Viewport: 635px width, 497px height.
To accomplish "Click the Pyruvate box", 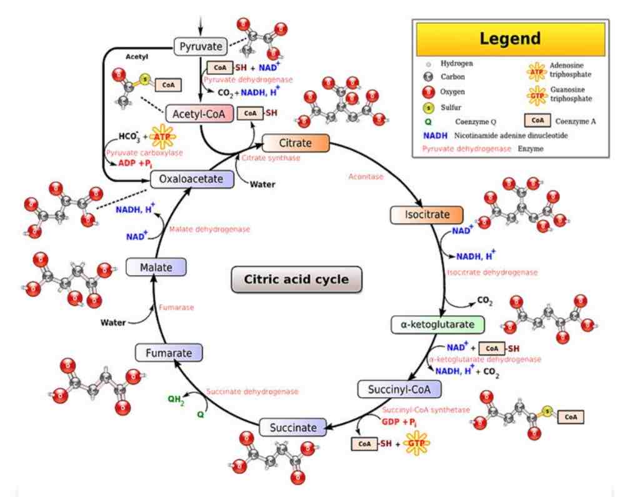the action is tap(201, 47).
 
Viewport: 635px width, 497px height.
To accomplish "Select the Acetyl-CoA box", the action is tap(199, 114).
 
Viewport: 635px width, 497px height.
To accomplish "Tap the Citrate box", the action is tap(296, 143).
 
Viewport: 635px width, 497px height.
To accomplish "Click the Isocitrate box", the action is tap(426, 214).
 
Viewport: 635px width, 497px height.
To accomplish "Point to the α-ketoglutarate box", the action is tap(437, 324).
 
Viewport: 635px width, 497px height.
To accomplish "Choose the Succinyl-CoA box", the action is tap(399, 389).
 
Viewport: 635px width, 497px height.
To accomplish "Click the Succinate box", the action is tap(292, 428).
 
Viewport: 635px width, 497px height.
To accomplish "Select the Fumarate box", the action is tap(169, 353).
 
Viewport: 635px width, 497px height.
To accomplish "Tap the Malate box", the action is tap(156, 268).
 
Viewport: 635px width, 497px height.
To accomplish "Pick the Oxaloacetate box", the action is tap(192, 179).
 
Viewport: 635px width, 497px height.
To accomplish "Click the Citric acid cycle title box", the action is tap(296, 279).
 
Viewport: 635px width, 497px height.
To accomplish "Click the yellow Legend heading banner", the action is tap(510, 39).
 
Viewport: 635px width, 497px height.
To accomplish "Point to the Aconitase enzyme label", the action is tap(366, 176).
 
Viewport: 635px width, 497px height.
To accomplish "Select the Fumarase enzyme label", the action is tap(176, 308).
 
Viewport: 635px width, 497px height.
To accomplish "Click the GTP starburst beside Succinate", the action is tap(416, 443).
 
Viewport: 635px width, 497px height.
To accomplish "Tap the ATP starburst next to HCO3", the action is tap(162, 137).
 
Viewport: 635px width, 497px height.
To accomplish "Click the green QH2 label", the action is tap(176, 399).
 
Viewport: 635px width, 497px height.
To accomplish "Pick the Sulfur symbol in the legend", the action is tap(429, 108).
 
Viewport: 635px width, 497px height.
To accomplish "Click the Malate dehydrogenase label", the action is tap(209, 229).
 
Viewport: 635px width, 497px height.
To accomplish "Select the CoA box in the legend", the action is tap(537, 120).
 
